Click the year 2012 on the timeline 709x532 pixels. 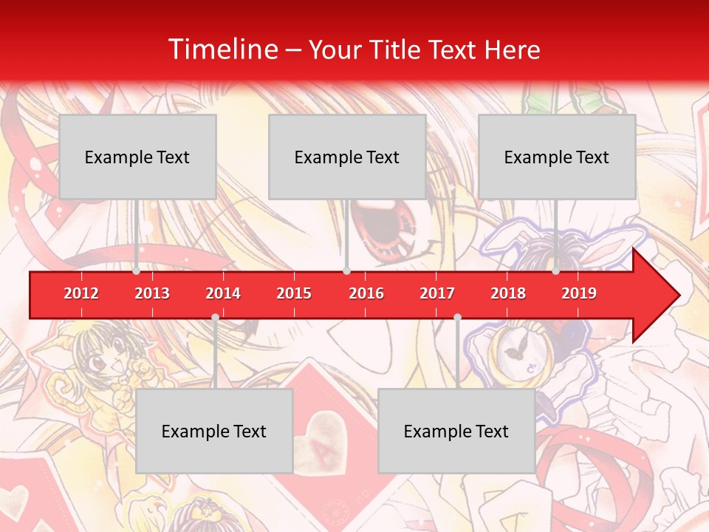[81, 293]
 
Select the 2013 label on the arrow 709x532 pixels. [152, 293]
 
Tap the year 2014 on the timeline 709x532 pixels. [223, 293]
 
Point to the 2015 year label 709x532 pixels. [294, 293]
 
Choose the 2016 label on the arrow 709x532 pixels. [366, 293]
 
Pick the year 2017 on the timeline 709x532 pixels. [437, 293]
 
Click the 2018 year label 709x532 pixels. [508, 293]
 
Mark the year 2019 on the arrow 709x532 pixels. [579, 293]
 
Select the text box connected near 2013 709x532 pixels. [137, 157]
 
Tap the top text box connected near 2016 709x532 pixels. [347, 157]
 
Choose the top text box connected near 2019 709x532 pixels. [557, 157]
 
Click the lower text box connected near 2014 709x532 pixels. [214, 431]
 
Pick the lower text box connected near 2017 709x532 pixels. [456, 431]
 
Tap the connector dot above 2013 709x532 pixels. [137, 271]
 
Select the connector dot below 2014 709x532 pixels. [215, 318]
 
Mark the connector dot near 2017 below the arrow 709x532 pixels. [457, 318]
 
